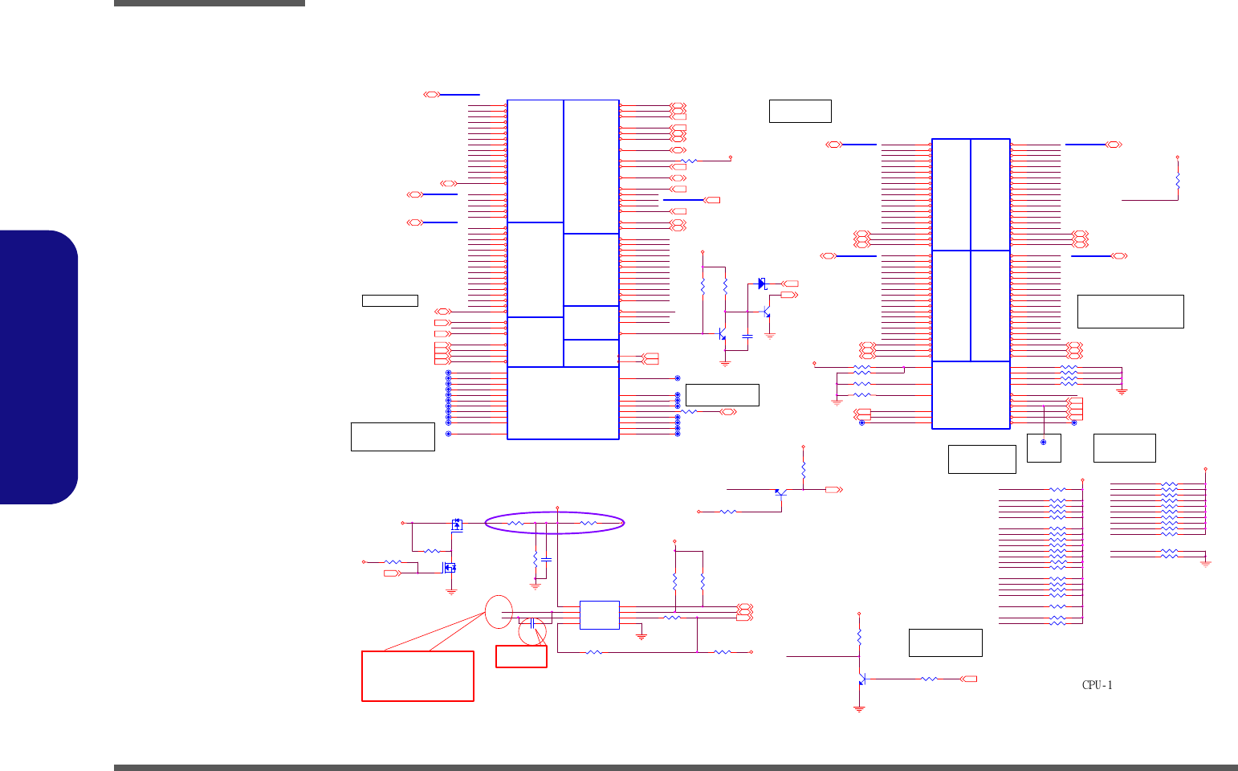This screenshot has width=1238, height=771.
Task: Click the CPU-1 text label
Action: tap(1097, 685)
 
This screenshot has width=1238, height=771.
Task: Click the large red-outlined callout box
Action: tap(417, 675)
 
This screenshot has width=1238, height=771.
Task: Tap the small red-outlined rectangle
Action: tap(521, 656)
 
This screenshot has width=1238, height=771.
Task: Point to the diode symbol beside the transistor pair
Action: tap(762, 284)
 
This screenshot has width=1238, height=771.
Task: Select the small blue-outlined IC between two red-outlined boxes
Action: tap(599, 615)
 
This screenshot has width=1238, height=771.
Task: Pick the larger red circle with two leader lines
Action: tap(499, 613)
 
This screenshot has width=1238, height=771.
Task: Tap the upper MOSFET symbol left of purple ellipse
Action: tap(457, 524)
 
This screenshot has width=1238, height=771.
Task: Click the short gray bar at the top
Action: tap(209, 3)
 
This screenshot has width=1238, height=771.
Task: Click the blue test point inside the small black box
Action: tap(1044, 442)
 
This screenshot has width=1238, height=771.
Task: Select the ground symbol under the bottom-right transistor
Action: tap(859, 709)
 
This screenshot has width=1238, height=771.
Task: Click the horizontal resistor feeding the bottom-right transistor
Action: tap(929, 679)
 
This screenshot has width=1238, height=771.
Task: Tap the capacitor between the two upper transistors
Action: tap(747, 336)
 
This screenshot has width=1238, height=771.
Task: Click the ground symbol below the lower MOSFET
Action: tap(451, 591)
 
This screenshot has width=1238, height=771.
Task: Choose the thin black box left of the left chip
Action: tap(389, 300)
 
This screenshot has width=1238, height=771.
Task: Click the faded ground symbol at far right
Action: tap(1205, 564)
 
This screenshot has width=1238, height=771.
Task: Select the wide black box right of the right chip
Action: tap(1130, 312)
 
